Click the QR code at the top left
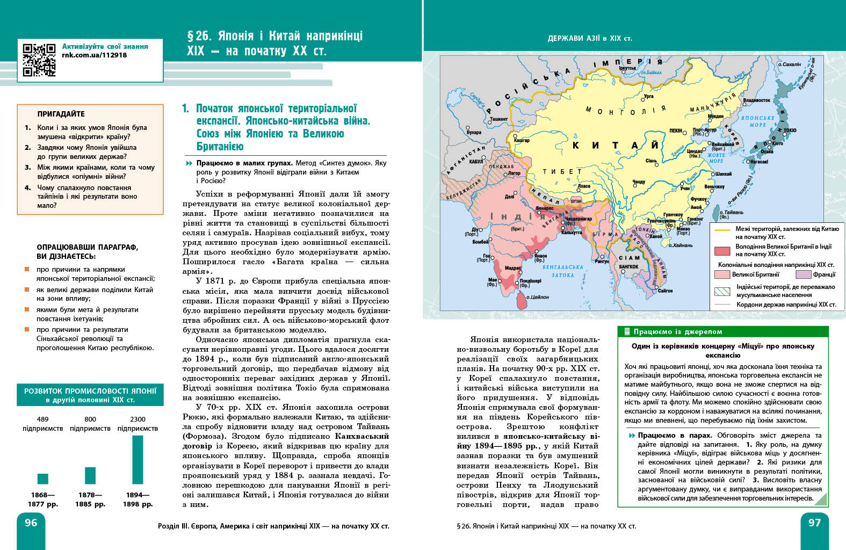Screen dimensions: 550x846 39,60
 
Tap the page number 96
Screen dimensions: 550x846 31,523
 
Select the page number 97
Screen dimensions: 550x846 814,523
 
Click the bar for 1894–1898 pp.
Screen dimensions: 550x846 138,460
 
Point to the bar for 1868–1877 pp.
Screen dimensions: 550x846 43,479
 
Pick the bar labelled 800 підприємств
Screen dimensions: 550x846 90,475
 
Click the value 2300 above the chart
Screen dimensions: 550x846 138,419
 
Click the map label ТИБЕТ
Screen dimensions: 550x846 562,172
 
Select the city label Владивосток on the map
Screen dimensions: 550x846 756,100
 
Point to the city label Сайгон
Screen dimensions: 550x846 666,291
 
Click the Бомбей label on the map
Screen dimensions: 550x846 480,242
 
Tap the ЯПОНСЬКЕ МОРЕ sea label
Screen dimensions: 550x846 757,121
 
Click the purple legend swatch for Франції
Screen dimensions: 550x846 803,274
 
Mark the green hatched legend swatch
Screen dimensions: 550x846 722,291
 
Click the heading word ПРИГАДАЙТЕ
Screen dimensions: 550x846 61,114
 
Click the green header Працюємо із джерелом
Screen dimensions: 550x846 677,331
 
